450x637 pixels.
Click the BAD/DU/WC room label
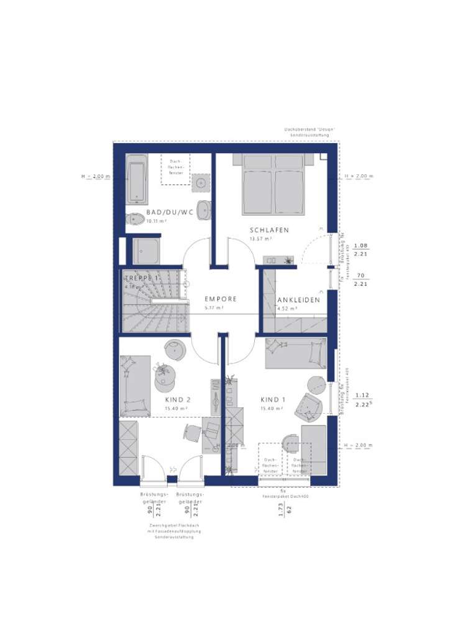click(x=170, y=212)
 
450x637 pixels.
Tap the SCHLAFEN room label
click(x=270, y=230)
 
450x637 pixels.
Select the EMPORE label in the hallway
click(x=221, y=299)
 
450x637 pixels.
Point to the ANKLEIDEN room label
click(x=299, y=299)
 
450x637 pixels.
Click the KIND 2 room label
click(x=178, y=400)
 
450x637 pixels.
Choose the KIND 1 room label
click(x=272, y=400)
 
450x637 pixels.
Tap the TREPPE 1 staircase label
click(x=141, y=278)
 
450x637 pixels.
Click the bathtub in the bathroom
click(x=137, y=179)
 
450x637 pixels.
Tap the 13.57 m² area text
click(x=261, y=239)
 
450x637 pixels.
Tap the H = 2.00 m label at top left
click(x=96, y=177)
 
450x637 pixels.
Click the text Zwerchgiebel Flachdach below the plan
click(x=174, y=526)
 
